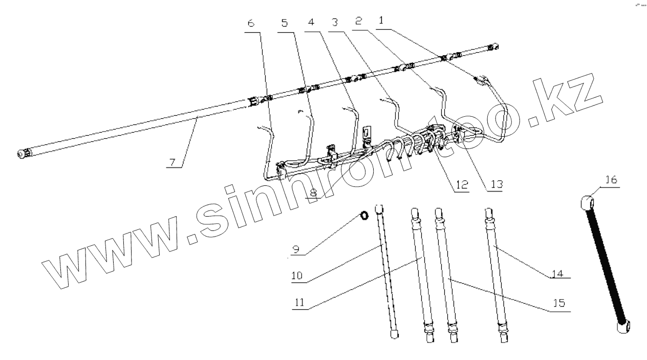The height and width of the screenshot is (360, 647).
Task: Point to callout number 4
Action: (311, 23)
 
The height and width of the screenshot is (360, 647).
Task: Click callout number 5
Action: (286, 23)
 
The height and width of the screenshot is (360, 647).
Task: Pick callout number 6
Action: (250, 23)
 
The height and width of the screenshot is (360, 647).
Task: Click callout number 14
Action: (559, 273)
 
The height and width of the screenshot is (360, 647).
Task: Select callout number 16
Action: (610, 180)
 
